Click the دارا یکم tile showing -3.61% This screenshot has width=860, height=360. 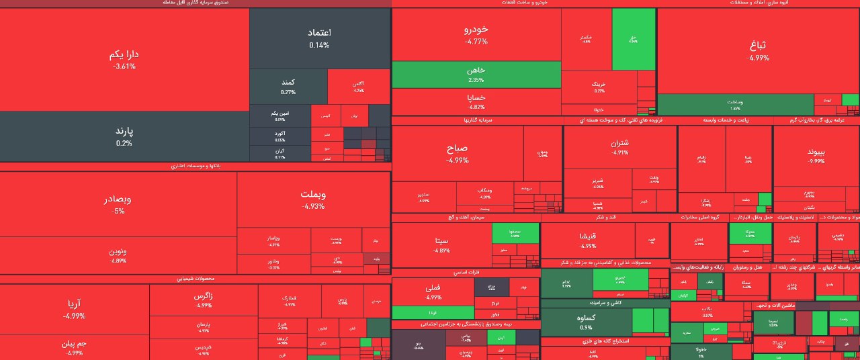[124, 59]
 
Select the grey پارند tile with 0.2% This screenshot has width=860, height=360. [124, 136]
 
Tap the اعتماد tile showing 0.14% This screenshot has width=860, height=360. [319, 38]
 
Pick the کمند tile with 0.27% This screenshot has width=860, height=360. [288, 86]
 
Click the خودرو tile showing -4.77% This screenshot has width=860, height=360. [476, 35]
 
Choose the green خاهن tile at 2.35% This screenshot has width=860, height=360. [476, 75]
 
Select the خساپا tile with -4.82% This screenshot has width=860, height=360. [476, 101]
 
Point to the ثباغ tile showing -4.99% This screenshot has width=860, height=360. [757, 51]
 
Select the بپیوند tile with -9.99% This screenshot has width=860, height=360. [816, 156]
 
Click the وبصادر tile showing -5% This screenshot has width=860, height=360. [118, 204]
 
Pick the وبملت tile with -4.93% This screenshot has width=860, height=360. [313, 199]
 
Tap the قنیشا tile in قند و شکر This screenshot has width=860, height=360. [587, 240]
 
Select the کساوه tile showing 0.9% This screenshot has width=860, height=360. [585, 322]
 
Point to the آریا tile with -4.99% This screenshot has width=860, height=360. [74, 309]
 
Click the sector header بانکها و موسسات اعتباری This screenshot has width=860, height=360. [195, 166]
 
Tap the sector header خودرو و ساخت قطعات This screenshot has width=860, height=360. [524, 3]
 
